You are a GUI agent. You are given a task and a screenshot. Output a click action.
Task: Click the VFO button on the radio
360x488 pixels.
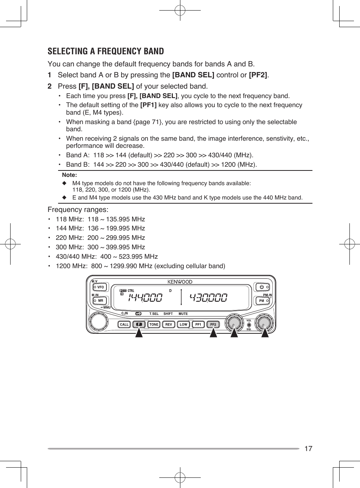100,287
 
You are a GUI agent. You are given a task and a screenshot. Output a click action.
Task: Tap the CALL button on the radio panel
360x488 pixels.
124,324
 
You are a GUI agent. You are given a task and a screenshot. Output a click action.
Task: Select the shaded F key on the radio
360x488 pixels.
139,324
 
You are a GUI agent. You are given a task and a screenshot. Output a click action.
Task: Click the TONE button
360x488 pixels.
154,324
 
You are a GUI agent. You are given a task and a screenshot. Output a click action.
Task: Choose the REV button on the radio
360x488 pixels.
169,324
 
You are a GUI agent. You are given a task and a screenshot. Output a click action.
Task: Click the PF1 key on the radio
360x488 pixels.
198,324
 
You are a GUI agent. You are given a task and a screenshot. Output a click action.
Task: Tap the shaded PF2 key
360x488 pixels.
213,324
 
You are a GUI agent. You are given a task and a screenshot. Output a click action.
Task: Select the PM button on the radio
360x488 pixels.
263,301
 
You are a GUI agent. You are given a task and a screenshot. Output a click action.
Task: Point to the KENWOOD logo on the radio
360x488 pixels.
180,282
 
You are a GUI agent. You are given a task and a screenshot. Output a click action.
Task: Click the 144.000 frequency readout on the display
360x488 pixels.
145,298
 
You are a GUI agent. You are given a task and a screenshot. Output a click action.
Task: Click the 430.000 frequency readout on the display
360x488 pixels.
209,298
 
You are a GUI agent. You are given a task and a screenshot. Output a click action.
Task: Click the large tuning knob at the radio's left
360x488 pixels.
98,321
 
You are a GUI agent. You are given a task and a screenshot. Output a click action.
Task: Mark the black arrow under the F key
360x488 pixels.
139,333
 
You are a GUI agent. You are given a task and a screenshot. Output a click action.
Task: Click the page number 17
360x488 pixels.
308,448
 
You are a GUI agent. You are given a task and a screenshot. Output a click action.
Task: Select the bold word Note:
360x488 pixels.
69,175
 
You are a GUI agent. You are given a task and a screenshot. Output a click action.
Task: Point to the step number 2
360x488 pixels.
49,86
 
